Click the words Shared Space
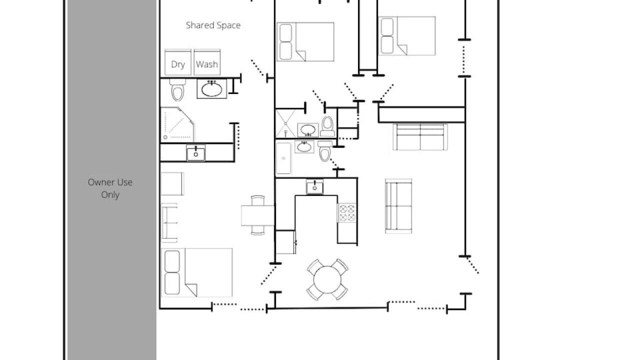[213, 25]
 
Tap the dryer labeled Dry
[177, 62]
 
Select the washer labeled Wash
[207, 62]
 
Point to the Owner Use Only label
[110, 188]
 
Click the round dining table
[327, 279]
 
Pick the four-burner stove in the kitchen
[347, 213]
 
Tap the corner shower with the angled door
[177, 124]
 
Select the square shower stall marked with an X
[285, 123]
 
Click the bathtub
[283, 158]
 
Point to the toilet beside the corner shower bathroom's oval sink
[177, 89]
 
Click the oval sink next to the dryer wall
[211, 89]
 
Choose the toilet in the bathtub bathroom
[325, 151]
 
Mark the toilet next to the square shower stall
[327, 126]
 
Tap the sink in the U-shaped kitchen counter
[314, 187]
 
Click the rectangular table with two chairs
[257, 215]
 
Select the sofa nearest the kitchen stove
[398, 206]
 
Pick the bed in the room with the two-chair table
[197, 272]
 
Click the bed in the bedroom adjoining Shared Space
[305, 41]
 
